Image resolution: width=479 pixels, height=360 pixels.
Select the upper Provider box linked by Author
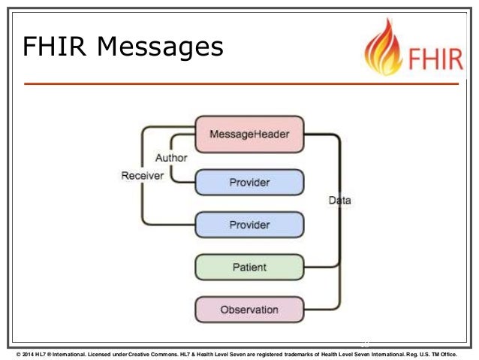[x=249, y=182]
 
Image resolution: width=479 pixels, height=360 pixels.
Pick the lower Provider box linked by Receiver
[x=249, y=224]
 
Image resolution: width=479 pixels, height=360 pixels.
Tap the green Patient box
[x=249, y=267]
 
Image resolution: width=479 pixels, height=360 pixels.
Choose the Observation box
[x=249, y=309]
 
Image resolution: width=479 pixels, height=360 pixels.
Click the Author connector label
[x=171, y=159]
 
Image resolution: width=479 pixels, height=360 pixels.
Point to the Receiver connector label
[x=143, y=176]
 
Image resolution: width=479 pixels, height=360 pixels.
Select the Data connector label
[x=340, y=201]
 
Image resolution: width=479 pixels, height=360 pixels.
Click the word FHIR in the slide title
[x=53, y=47]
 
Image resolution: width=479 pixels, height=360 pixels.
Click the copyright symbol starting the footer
[x=18, y=352]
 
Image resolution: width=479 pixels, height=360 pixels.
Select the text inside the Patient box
[x=249, y=267]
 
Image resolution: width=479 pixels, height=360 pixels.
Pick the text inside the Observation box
[x=249, y=309]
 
